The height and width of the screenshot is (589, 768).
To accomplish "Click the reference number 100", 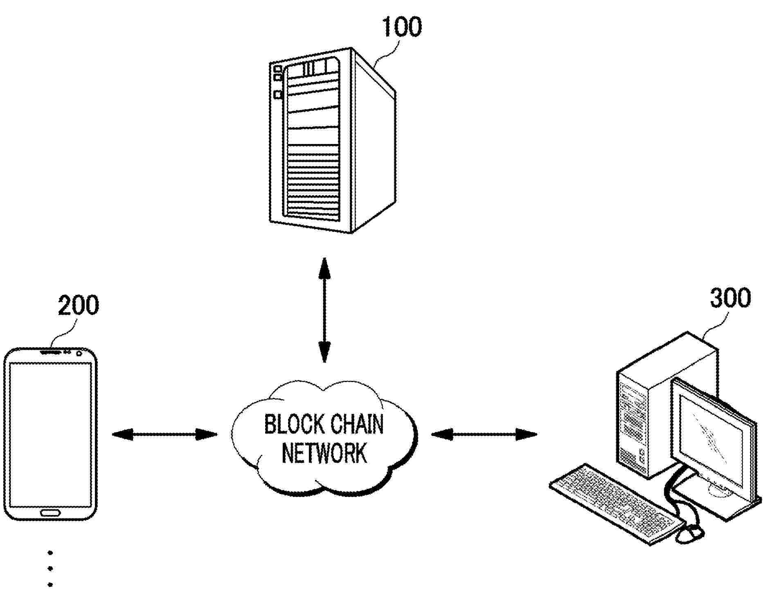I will point(401,27).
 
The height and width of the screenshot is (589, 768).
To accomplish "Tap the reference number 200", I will point(78,305).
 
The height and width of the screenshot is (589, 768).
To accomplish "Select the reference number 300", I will point(730,298).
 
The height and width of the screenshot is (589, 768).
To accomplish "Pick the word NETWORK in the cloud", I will point(324,453).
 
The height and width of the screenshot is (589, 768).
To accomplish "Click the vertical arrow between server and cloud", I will point(324,310).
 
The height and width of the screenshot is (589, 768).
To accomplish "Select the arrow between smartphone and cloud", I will point(164,434).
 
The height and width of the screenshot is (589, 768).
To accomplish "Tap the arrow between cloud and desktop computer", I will point(484,434).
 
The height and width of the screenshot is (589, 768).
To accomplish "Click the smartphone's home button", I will point(50,513).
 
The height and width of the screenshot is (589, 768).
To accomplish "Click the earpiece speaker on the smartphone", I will point(50,352).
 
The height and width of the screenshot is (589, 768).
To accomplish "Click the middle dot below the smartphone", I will point(50,568).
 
